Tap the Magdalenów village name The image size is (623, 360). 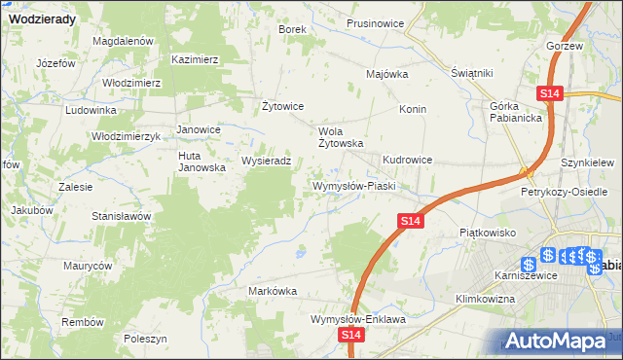(x=124, y=41)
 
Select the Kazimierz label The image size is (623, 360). (x=195, y=58)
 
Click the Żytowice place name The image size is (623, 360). (x=284, y=106)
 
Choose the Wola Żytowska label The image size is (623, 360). (x=342, y=136)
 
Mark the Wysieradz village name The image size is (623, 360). (x=266, y=161)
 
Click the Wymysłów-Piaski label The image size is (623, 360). (x=351, y=185)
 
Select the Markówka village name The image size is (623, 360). (x=273, y=291)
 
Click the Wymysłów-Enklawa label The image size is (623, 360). (x=357, y=318)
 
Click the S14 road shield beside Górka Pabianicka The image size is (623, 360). (x=549, y=92)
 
